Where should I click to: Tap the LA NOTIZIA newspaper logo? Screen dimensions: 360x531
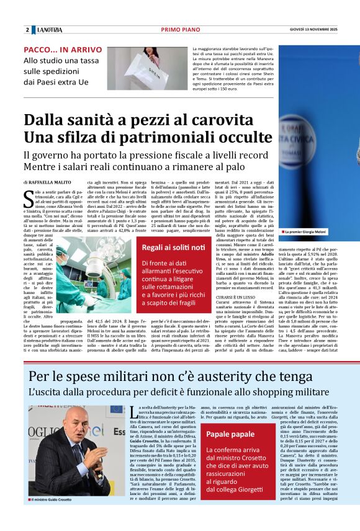point(49,30)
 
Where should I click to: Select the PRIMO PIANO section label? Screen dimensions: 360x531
point(179,30)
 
